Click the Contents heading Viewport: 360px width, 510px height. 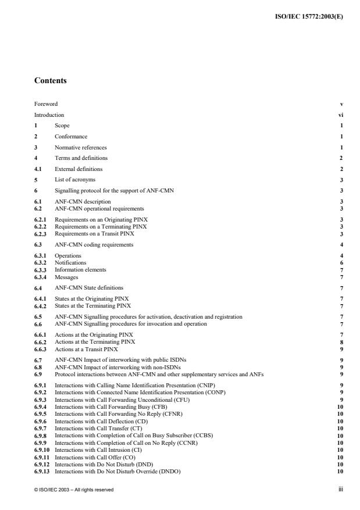coord(51,80)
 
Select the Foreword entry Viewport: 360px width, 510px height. coord(46,105)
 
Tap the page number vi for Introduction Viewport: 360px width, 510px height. coord(340,115)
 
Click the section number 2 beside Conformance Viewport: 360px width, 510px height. coord(35,137)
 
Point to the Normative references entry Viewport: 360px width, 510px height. coord(81,148)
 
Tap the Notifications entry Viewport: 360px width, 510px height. coord(69,262)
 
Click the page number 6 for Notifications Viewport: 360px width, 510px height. coord(341,262)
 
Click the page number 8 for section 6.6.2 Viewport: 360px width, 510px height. coord(341,342)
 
